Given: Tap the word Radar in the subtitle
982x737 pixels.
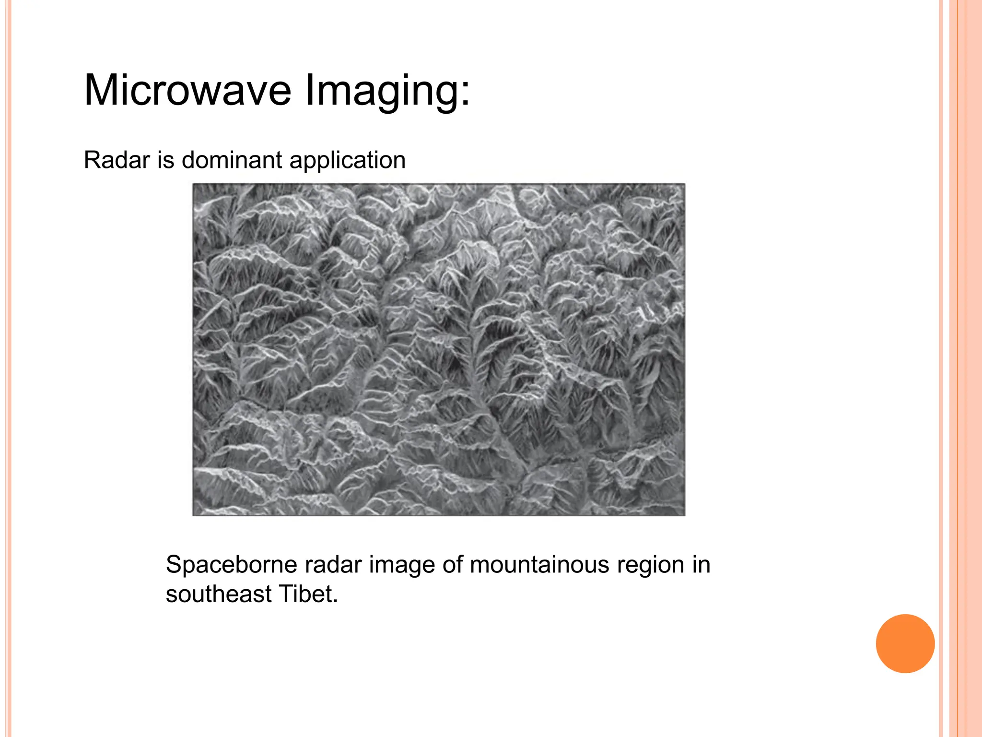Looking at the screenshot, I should tap(117, 160).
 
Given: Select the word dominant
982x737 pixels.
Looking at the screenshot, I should tap(232, 160).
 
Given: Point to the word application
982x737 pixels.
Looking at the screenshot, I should tap(347, 161).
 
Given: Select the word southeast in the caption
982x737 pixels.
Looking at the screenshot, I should tap(219, 594).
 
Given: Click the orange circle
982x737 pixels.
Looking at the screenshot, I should tap(905, 643).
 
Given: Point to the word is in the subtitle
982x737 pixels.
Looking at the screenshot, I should tap(165, 160).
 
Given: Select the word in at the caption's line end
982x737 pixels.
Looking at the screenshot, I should tap(701, 565).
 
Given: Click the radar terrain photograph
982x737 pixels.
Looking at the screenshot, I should tap(438, 349).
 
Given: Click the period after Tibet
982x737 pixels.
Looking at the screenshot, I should tap(336, 602).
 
